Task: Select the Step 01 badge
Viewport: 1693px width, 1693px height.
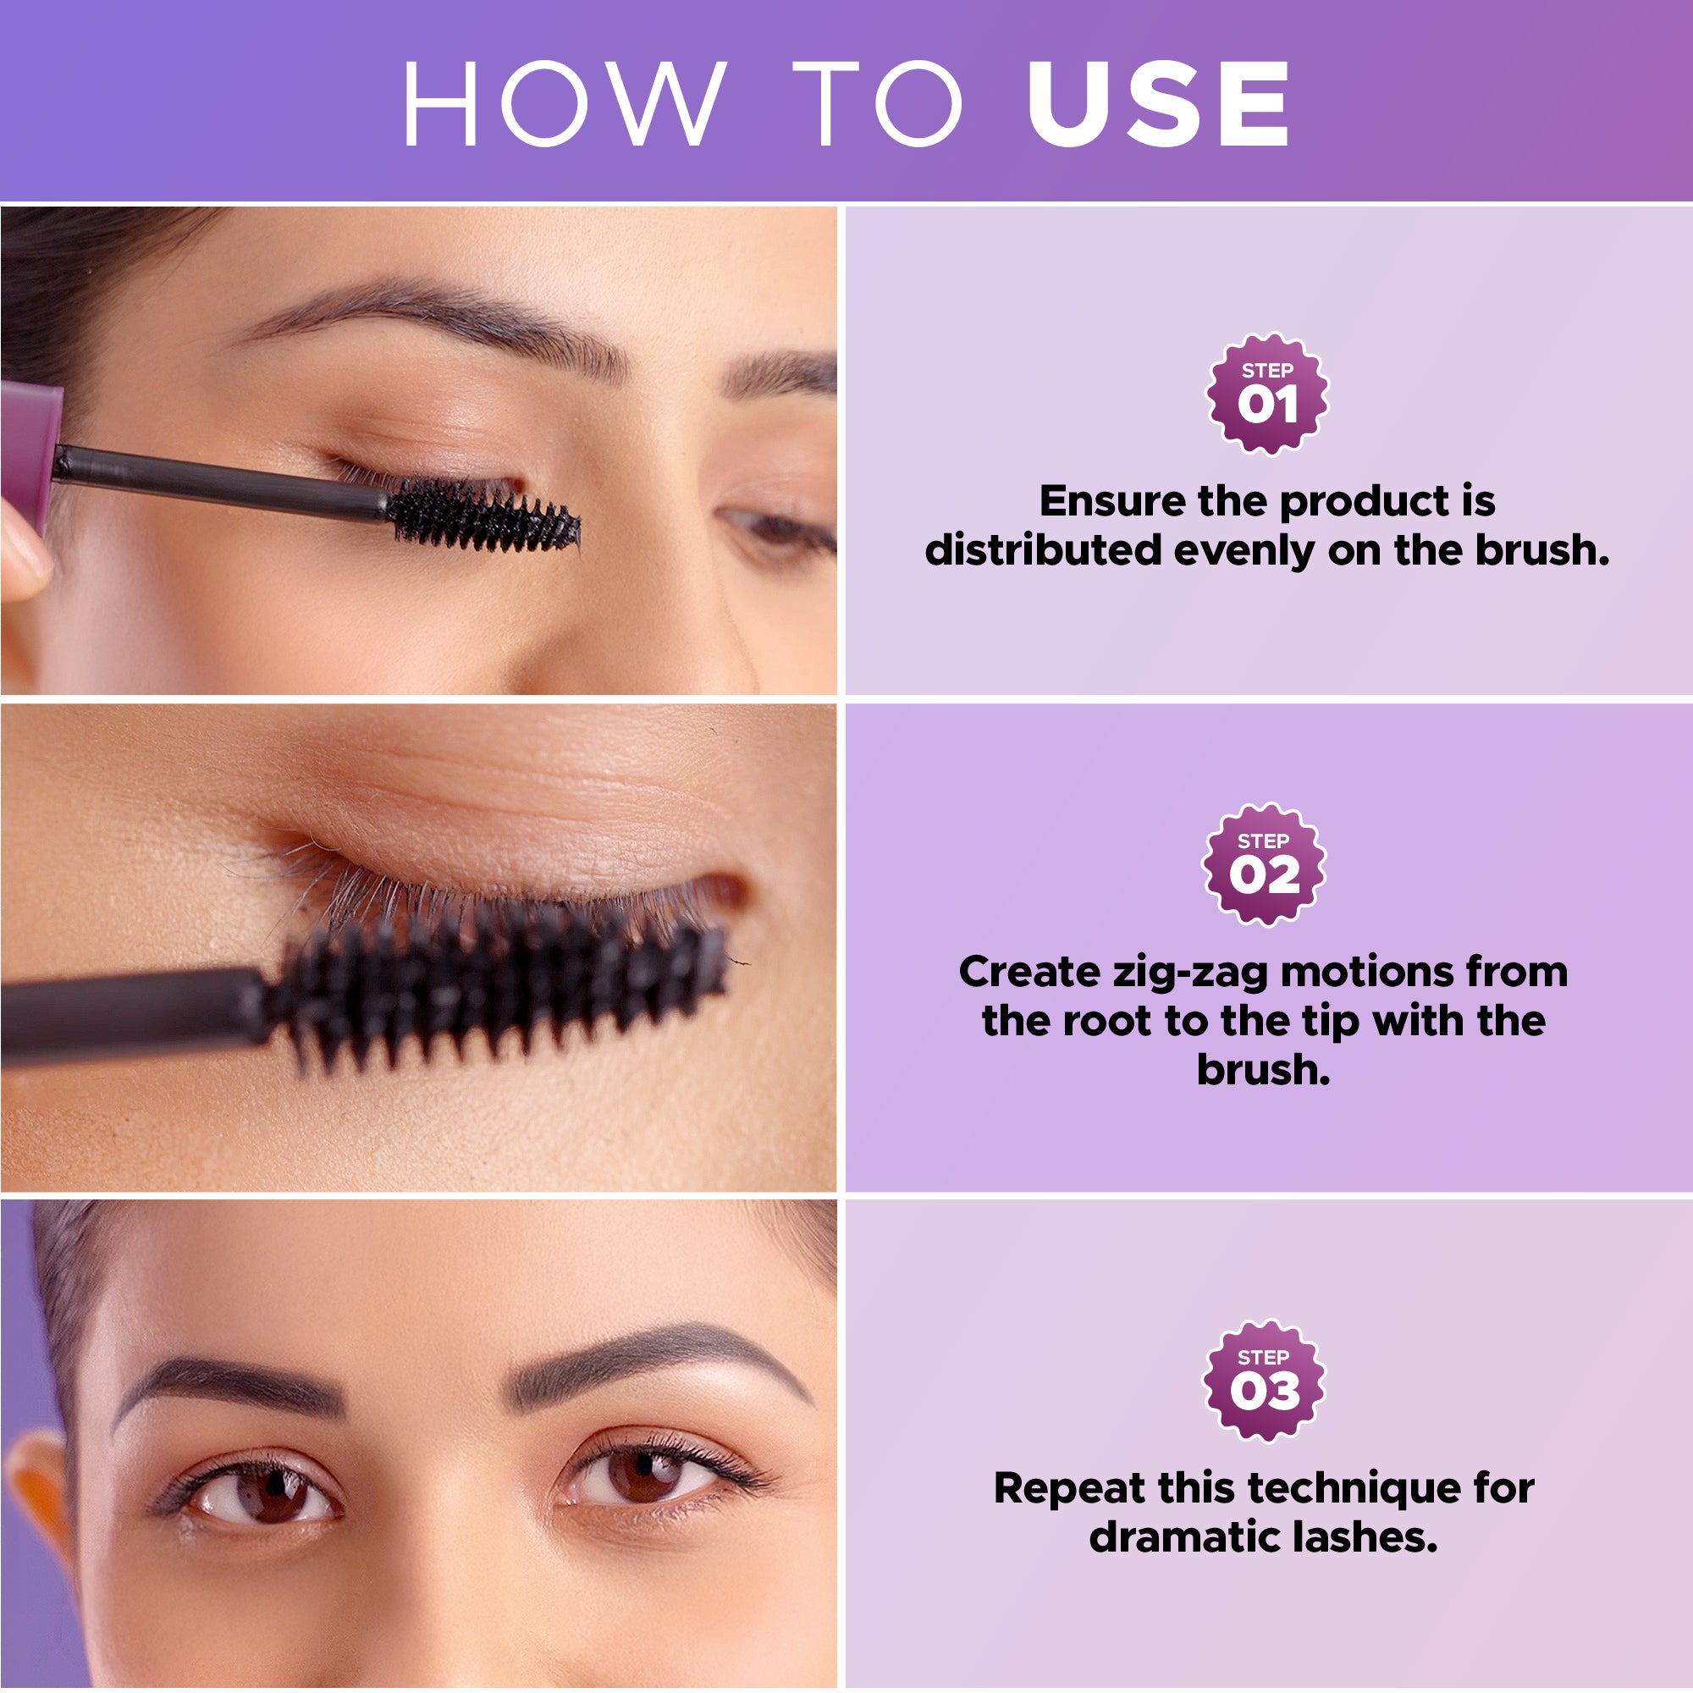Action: tap(1267, 394)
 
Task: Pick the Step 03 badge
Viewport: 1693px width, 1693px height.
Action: tap(1264, 1380)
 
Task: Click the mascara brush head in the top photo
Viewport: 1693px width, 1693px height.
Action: tap(482, 520)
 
